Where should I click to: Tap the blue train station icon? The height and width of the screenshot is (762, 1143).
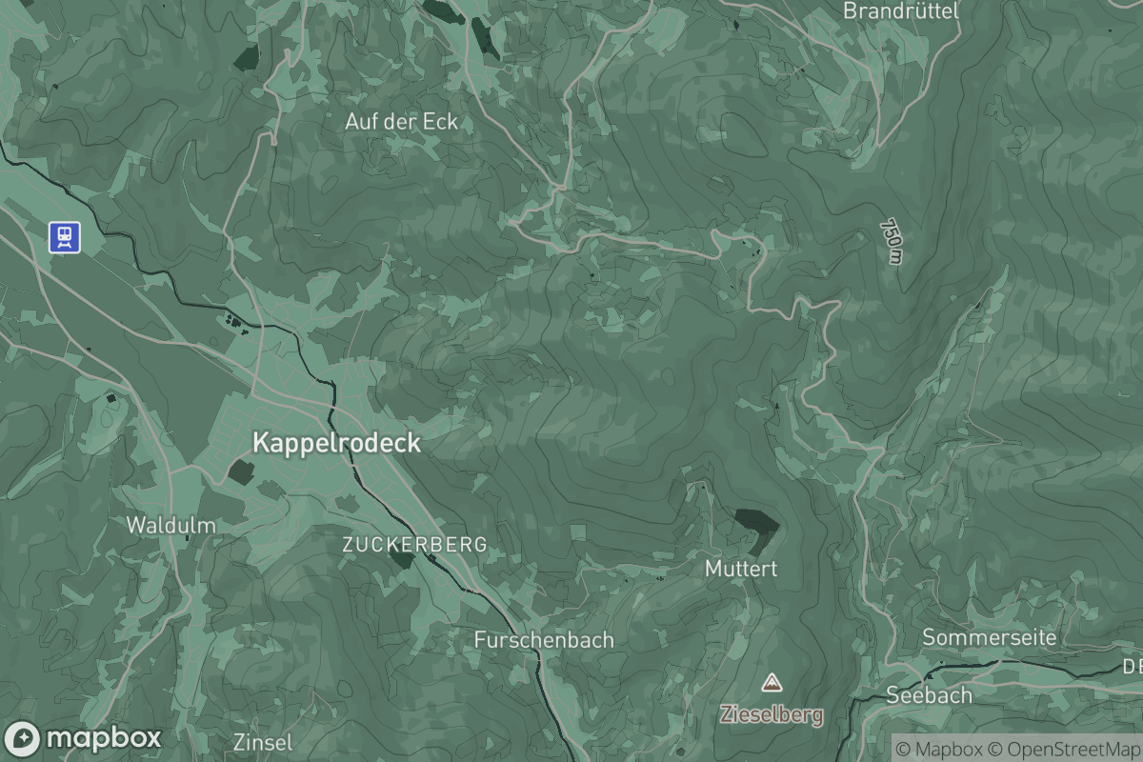click(x=66, y=237)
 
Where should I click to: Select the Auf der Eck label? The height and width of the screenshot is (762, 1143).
click(x=401, y=122)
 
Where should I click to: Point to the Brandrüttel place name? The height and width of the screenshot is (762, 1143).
click(x=900, y=10)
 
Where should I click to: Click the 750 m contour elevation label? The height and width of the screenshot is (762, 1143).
click(x=891, y=242)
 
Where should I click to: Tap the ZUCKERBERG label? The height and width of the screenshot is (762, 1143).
click(x=414, y=545)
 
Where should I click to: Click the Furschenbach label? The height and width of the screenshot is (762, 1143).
click(x=544, y=640)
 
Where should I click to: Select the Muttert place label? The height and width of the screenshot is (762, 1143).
click(x=741, y=569)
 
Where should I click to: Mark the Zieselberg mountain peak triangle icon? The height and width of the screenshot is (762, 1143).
click(x=771, y=682)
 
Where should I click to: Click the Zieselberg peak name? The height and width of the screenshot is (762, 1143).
click(x=772, y=714)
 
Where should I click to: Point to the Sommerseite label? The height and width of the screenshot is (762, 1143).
click(x=990, y=637)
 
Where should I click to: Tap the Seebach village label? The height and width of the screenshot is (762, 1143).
click(x=929, y=694)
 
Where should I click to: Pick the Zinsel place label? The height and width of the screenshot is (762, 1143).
click(x=263, y=742)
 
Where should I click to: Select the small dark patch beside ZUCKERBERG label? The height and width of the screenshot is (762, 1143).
click(x=403, y=559)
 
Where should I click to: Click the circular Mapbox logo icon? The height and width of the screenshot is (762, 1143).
click(x=23, y=738)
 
